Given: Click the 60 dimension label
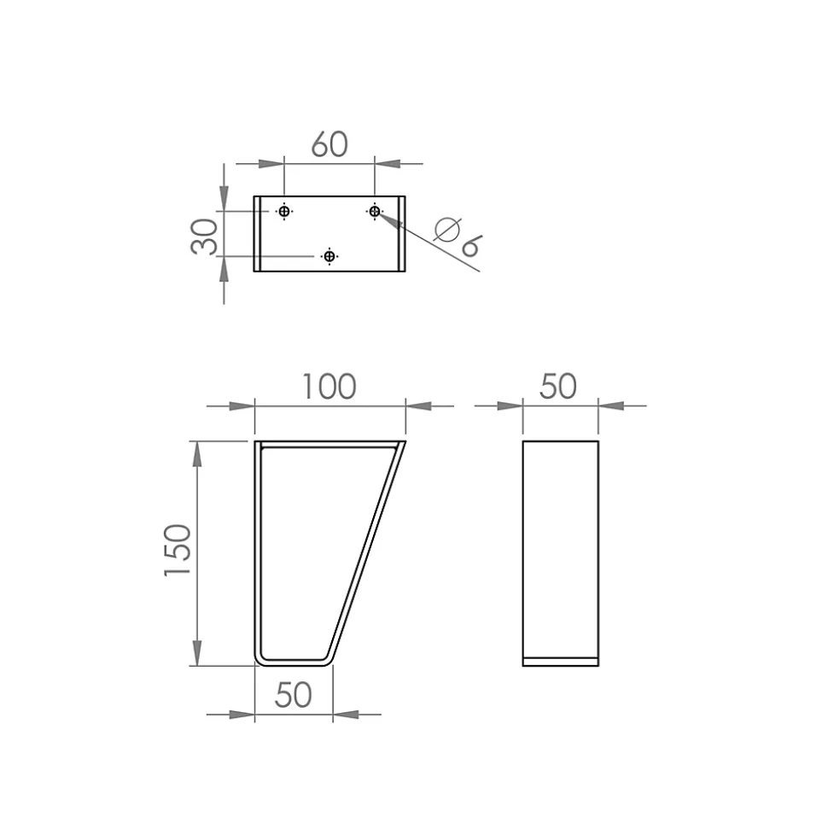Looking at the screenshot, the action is (329, 143).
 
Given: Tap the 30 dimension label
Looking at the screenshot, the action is (204, 237).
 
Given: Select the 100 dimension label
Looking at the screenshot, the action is (329, 387).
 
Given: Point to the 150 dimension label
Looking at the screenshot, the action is (178, 550).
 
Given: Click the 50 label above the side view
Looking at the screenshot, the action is (557, 387).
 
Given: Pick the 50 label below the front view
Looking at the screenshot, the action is (294, 695).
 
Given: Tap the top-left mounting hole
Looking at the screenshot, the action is (284, 212).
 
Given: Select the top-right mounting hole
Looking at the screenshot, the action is (375, 212).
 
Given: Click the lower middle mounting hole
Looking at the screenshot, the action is (329, 256).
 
